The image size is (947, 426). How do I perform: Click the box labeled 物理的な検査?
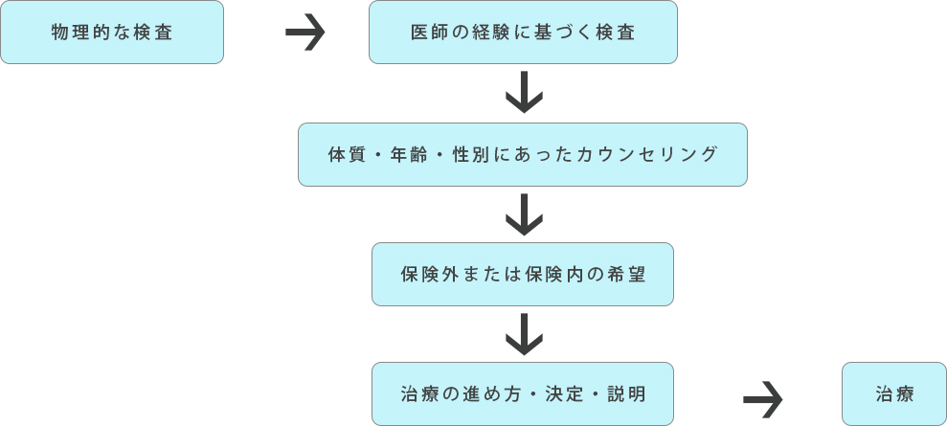[112, 33]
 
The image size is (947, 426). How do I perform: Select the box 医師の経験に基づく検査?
[523, 33]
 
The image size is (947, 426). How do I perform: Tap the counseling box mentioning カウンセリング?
[523, 154]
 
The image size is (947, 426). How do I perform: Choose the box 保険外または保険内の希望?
[523, 275]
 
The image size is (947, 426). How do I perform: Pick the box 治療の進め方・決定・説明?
[523, 394]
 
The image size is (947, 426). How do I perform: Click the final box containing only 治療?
[894, 394]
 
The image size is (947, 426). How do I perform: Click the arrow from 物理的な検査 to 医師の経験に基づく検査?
[305, 34]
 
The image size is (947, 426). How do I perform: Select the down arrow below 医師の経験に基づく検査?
[524, 93]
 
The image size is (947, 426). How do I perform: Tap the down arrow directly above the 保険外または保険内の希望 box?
[524, 214]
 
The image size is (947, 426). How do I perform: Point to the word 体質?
[339, 154]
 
